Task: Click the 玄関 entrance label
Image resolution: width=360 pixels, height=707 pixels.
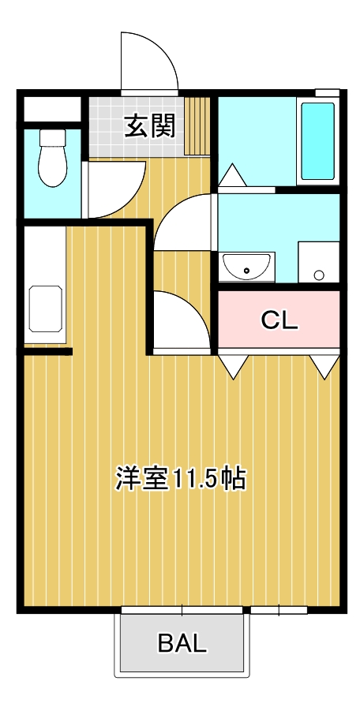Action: click(x=149, y=126)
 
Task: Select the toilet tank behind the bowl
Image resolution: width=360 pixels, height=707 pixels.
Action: click(x=53, y=139)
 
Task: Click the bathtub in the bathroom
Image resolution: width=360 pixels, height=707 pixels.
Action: click(x=318, y=140)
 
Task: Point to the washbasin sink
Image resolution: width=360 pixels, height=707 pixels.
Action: click(x=247, y=267)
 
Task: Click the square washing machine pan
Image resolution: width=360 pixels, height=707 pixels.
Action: click(x=318, y=262)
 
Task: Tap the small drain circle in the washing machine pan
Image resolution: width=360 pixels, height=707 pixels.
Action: click(x=319, y=275)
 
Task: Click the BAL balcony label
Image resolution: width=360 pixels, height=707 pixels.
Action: click(x=182, y=643)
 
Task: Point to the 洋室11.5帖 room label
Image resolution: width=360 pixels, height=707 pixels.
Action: click(x=181, y=477)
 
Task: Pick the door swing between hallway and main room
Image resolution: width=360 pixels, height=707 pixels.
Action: click(x=180, y=320)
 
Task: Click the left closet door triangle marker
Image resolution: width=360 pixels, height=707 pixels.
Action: click(x=234, y=365)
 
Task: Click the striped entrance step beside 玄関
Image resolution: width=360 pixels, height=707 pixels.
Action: click(x=199, y=126)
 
